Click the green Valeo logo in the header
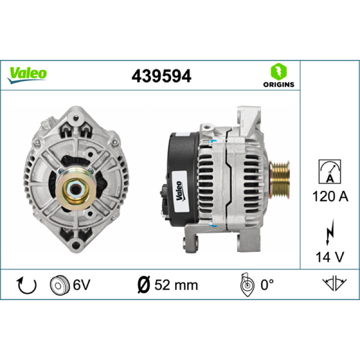(x=27, y=75)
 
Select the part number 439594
(x=161, y=76)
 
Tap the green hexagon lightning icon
(x=279, y=72)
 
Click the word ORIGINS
(x=279, y=85)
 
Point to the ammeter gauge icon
(x=330, y=171)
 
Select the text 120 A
(x=330, y=197)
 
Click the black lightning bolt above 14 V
(x=330, y=232)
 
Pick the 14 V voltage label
(x=330, y=257)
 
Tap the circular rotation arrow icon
(x=27, y=285)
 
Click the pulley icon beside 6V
(x=60, y=285)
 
